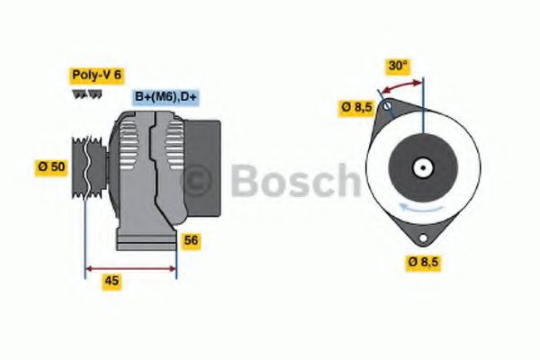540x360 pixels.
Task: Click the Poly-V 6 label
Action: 95,76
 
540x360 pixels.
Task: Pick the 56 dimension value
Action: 190,240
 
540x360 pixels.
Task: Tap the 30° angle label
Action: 398,66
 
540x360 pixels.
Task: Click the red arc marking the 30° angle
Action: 401,87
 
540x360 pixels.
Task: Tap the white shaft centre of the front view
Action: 421,167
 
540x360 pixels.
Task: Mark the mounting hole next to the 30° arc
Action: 387,108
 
